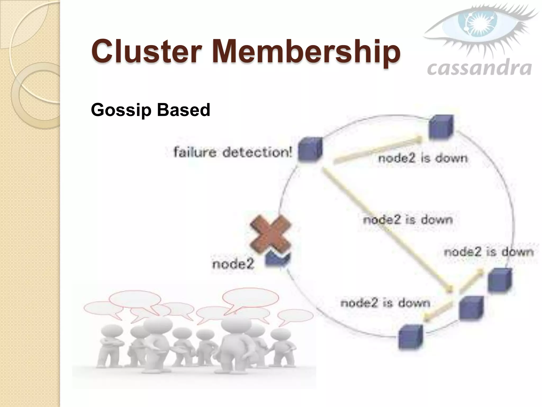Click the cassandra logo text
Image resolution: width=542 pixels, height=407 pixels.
479,68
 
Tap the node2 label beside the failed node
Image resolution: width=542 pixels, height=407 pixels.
233,264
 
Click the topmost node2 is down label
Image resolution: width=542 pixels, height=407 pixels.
423,158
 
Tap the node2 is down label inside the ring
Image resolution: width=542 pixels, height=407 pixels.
408,220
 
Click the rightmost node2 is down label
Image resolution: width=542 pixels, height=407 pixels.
488,252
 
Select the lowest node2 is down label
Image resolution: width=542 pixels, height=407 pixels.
385,303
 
